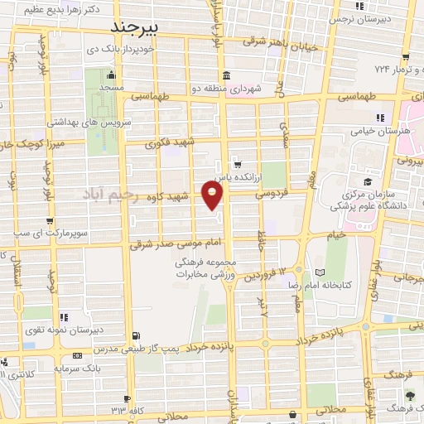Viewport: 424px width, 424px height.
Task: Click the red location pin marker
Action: pos(213,195)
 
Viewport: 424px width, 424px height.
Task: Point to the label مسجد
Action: pos(111,87)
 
